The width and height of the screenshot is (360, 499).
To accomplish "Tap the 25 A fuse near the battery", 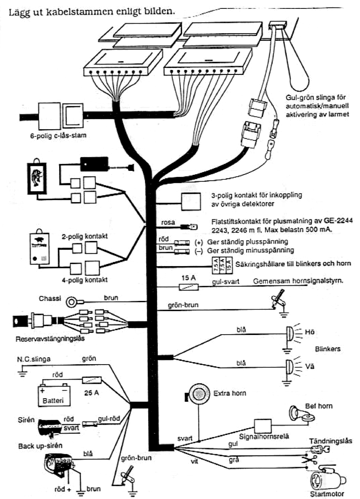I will coord(92,380).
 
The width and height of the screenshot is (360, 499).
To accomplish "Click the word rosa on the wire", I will coord(167,222).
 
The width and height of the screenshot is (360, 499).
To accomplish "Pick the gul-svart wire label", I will coord(226,282).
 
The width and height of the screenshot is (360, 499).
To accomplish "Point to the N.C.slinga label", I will coord(34,359).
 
